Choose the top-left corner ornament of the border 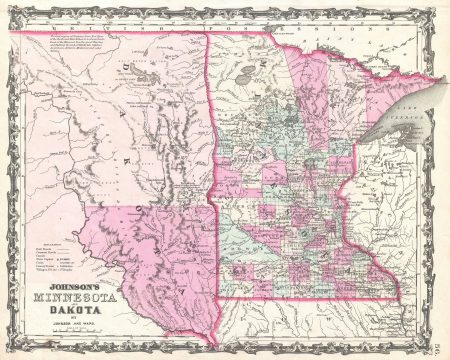tap(10, 9)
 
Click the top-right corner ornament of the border tap(440, 9)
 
